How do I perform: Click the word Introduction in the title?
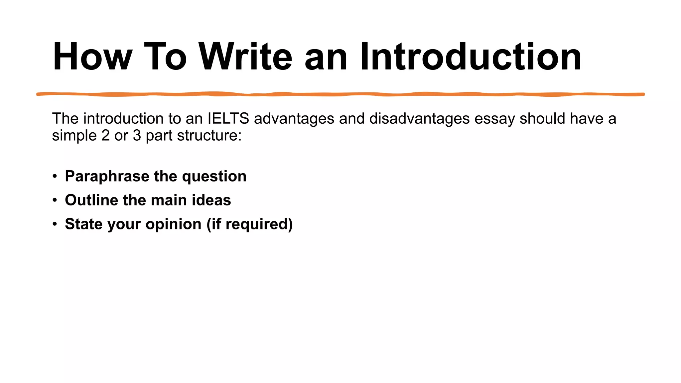tap(471, 57)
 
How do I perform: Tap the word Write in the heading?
tap(245, 57)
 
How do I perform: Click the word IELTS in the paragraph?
tap(228, 119)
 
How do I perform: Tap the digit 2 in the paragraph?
tap(105, 136)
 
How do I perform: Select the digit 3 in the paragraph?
tap(137, 136)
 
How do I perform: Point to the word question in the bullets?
tap(214, 177)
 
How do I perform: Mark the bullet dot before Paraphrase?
tap(55, 176)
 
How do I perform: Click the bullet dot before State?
tap(55, 224)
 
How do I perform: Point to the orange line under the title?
tap(340, 94)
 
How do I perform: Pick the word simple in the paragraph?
tap(74, 136)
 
